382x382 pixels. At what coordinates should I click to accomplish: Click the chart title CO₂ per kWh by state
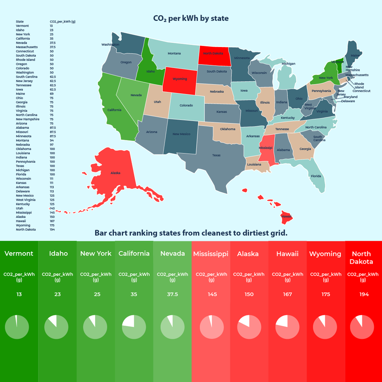[x=191, y=18]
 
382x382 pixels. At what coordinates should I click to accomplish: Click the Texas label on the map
[x=216, y=155]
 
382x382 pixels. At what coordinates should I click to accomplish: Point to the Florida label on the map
[x=316, y=176]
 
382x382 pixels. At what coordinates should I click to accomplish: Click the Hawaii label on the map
[x=286, y=216]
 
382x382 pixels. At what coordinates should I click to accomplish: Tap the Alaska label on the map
[x=116, y=173]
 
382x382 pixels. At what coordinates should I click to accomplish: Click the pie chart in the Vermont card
[x=17, y=327]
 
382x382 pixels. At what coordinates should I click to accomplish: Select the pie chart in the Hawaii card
[x=287, y=327]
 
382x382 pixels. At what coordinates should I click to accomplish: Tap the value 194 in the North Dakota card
[x=364, y=294]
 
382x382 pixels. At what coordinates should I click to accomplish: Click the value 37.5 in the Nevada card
[x=172, y=294]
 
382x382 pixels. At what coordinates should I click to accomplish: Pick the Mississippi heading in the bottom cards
[x=210, y=254]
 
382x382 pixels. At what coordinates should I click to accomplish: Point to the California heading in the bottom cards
[x=134, y=254]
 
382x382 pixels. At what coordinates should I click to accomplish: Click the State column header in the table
[x=20, y=22]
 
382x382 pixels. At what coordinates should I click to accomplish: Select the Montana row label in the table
[x=22, y=140]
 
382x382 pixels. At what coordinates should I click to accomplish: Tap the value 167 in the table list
[x=52, y=221]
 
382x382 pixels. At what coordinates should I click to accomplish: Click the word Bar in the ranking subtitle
[x=100, y=233]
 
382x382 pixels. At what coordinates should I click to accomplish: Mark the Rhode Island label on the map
[x=359, y=86]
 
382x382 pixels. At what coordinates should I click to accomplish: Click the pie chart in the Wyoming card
[x=325, y=327]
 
